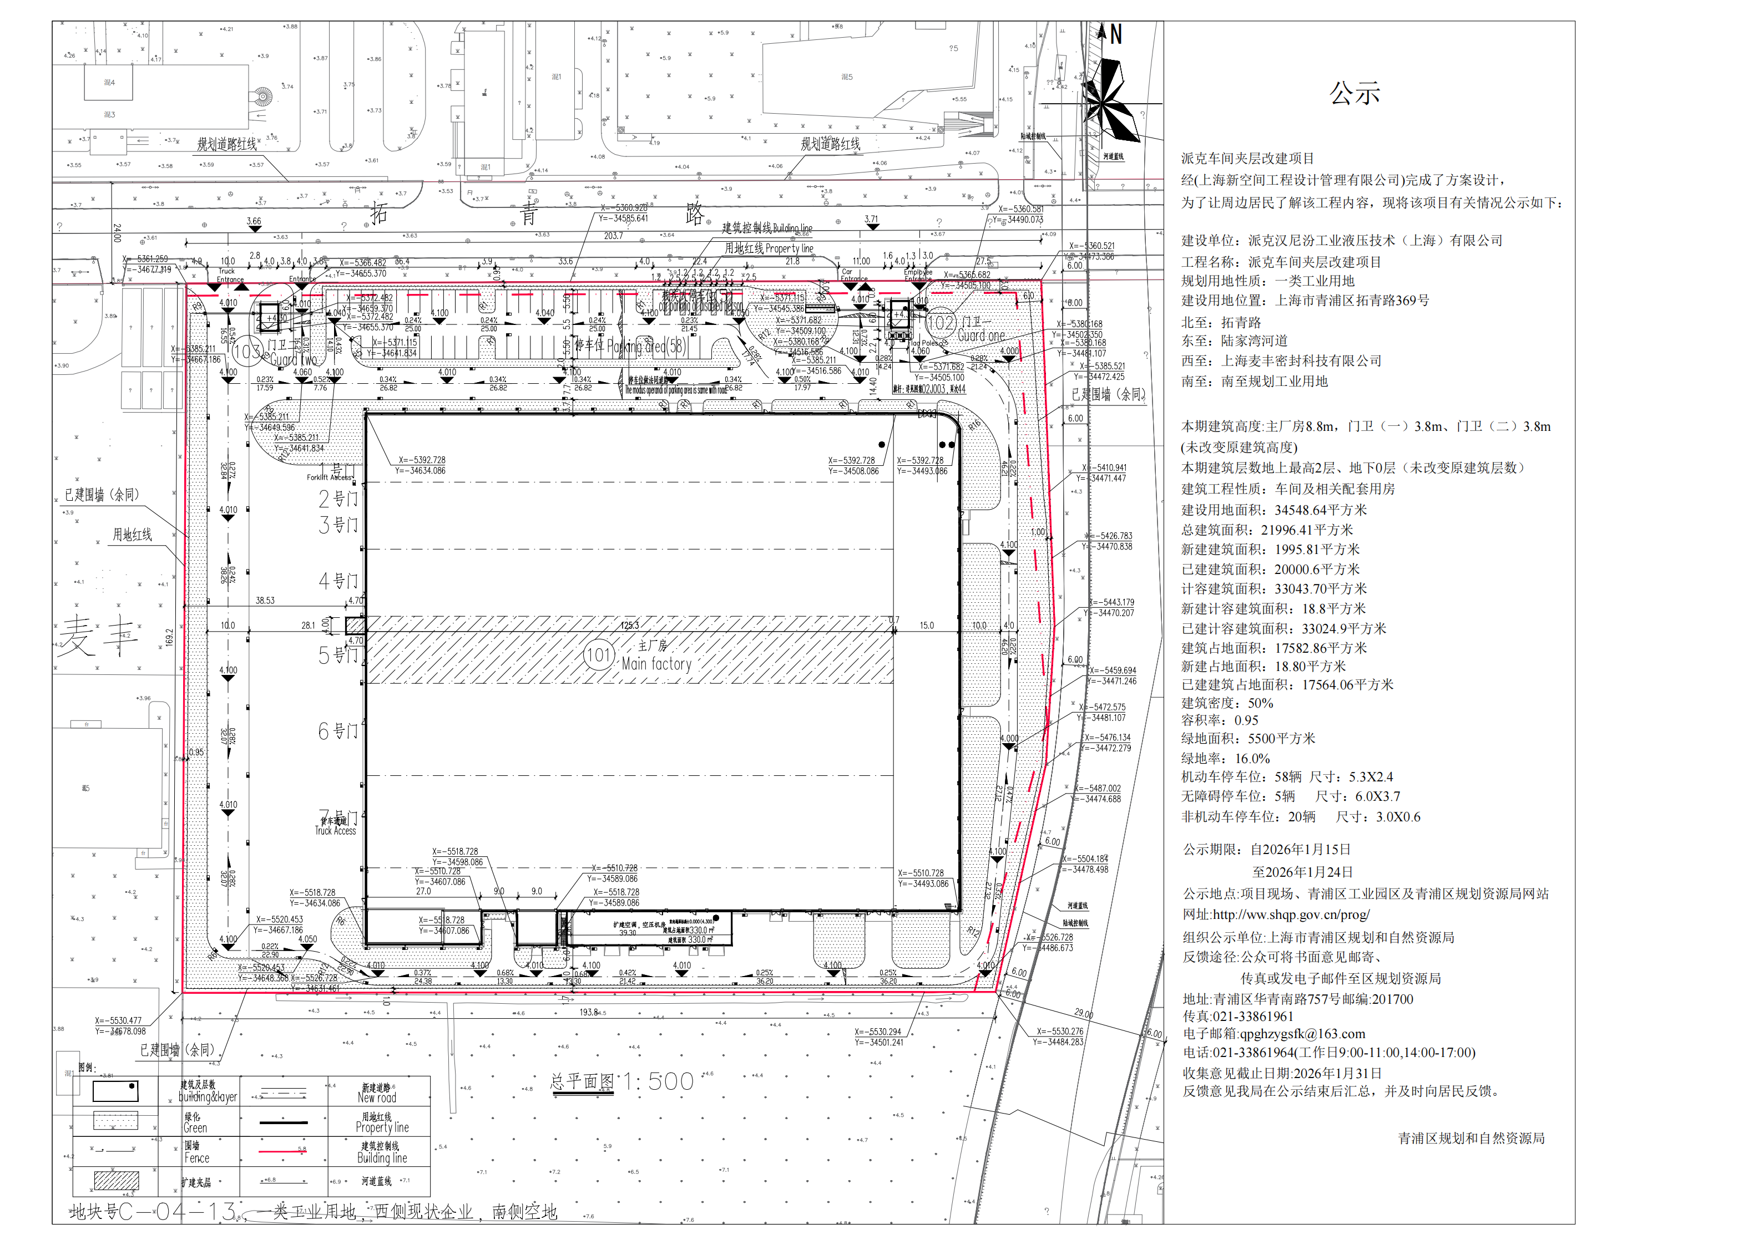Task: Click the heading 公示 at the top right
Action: click(x=1354, y=94)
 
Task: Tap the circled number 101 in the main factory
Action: click(x=599, y=655)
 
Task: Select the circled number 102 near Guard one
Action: click(x=941, y=323)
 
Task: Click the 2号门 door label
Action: click(x=338, y=499)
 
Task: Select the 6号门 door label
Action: click(x=338, y=731)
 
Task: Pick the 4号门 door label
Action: click(x=338, y=581)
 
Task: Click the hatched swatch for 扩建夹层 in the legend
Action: click(x=116, y=1181)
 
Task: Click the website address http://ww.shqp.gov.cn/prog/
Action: click(x=1276, y=914)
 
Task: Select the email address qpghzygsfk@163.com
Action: click(x=1274, y=1034)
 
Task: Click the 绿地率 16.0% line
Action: click(x=1225, y=758)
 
